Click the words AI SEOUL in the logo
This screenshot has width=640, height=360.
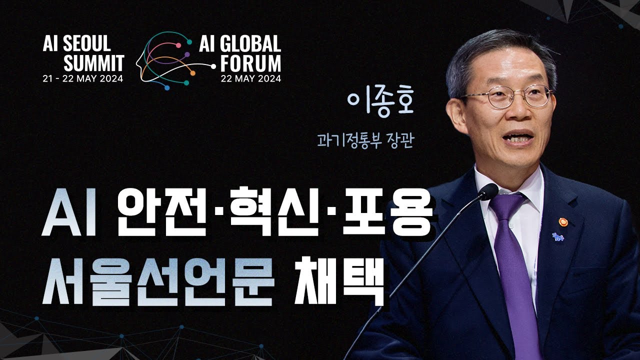[x=76, y=44]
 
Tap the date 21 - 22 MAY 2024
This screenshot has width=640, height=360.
[x=82, y=78]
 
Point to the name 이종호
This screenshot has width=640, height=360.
[x=382, y=103]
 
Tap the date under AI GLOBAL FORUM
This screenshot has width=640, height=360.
[x=251, y=78]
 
